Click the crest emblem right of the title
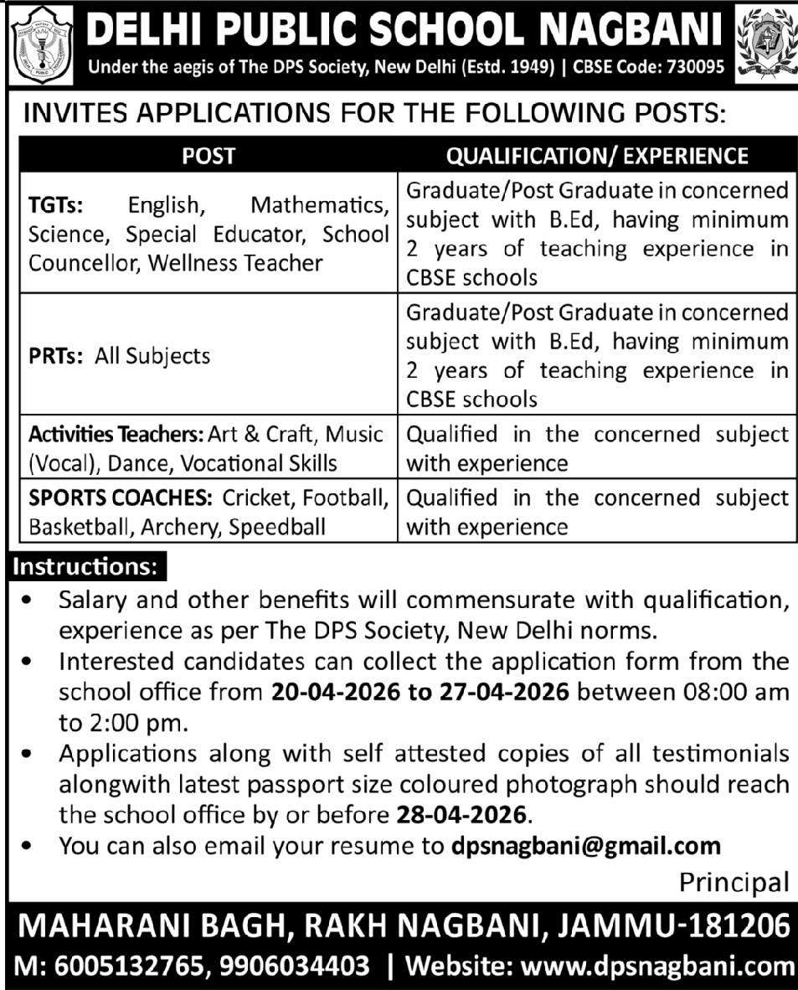(762, 43)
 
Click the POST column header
(209, 155)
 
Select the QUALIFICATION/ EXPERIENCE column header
(597, 155)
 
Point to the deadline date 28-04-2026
(460, 815)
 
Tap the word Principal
(734, 882)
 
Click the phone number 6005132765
(123, 966)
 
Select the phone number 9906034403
(296, 966)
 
